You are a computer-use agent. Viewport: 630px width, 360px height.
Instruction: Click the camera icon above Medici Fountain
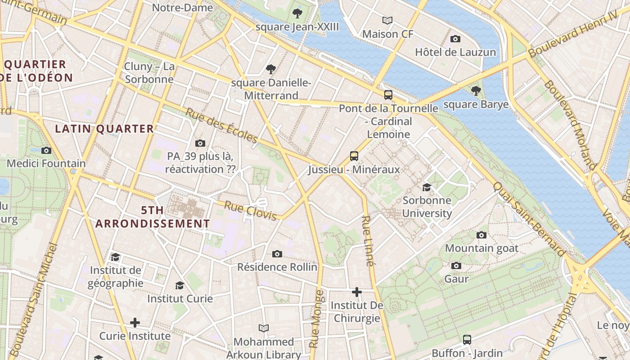point(46,150)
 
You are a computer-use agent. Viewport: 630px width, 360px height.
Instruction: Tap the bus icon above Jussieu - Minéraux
point(354,156)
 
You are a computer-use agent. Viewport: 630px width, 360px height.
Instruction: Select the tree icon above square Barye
point(476,91)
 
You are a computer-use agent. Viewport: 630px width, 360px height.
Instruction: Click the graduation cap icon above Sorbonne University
point(426,187)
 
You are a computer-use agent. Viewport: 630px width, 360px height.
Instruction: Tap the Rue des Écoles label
point(221,126)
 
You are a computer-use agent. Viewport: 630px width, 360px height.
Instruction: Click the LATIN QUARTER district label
point(104,129)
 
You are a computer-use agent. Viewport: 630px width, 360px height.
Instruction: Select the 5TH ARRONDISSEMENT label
point(153,217)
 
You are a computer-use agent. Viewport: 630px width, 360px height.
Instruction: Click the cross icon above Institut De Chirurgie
point(357,292)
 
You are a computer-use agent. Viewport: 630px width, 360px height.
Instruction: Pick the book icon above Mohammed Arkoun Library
point(264,328)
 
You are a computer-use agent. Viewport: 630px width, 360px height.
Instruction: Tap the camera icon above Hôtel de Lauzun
point(455,39)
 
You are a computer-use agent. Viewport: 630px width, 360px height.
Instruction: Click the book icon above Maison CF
point(387,20)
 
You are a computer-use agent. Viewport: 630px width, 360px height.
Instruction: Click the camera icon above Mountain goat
point(481,235)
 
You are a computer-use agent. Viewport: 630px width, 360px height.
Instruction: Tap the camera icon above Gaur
point(456,265)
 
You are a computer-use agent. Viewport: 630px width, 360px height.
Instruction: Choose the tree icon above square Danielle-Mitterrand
point(271,69)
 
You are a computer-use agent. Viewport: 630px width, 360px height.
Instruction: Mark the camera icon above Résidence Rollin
point(277,254)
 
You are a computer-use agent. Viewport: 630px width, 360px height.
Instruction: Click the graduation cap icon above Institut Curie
point(180,285)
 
